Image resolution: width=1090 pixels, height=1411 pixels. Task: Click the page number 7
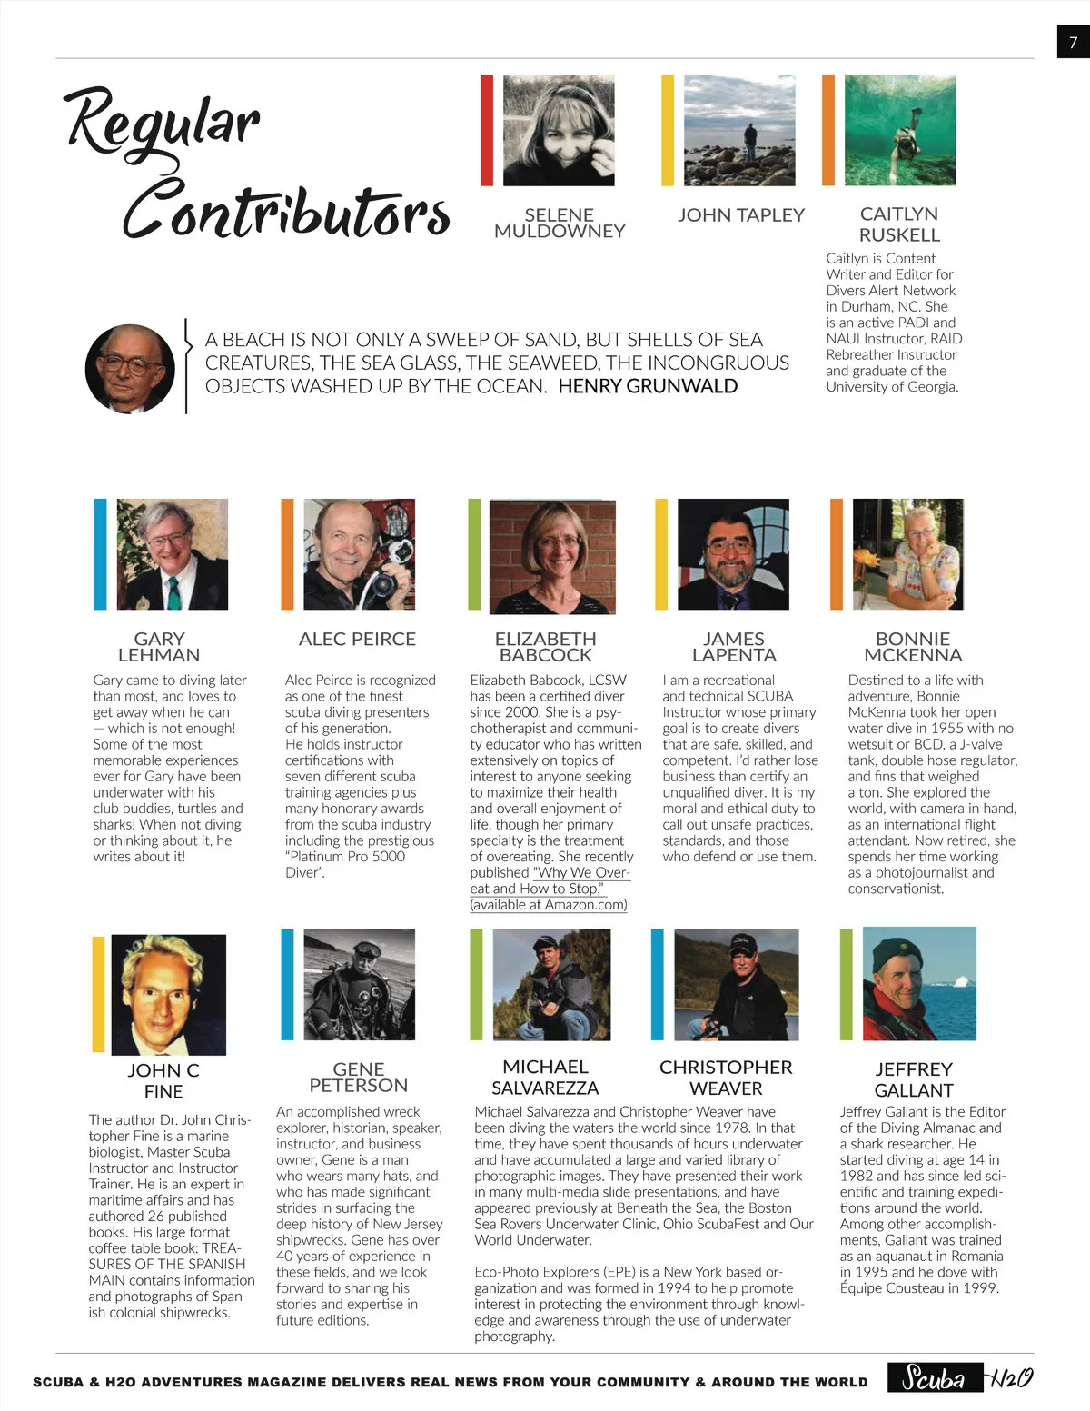tap(1073, 42)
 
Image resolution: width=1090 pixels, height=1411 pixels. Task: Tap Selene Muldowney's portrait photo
tap(559, 131)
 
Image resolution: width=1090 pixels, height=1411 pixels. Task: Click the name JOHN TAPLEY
tap(741, 215)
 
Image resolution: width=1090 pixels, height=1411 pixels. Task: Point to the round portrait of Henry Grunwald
tap(130, 369)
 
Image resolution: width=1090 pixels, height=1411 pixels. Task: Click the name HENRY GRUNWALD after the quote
tap(648, 386)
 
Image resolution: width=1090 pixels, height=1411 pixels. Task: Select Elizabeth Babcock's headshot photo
tap(545, 556)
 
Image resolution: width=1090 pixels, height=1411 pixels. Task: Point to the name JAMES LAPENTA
tap(734, 647)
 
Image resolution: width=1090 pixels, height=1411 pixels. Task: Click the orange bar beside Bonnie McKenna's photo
tap(836, 553)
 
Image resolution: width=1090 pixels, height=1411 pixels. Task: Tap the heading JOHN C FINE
tap(163, 1080)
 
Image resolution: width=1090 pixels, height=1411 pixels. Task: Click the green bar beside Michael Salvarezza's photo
tap(476, 984)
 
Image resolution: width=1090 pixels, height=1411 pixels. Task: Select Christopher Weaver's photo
tap(737, 984)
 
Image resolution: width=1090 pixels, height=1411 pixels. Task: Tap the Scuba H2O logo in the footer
tap(961, 1378)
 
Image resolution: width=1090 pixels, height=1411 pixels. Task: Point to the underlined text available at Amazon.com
tap(550, 905)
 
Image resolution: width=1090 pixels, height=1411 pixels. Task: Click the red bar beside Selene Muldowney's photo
tap(487, 131)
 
